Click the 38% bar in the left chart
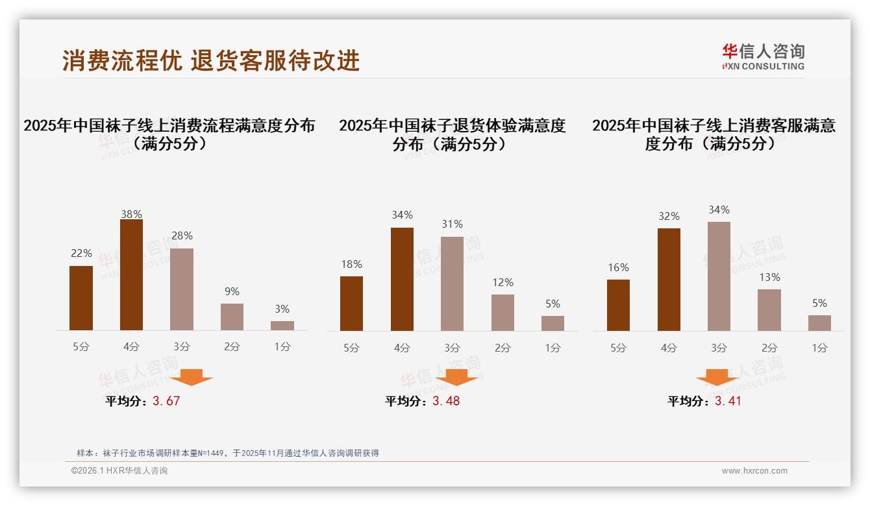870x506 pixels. click(x=131, y=275)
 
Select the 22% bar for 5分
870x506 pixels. click(x=81, y=298)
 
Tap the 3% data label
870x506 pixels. click(x=282, y=309)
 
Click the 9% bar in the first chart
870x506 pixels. click(x=232, y=317)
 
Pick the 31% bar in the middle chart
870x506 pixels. click(x=452, y=283)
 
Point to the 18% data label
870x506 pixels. click(x=351, y=265)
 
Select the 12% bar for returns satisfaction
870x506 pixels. click(x=503, y=313)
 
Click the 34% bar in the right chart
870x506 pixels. click(x=719, y=276)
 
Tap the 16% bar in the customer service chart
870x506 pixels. click(x=618, y=305)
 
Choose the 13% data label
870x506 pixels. click(x=769, y=278)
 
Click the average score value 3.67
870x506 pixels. click(x=166, y=401)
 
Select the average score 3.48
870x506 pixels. click(x=446, y=401)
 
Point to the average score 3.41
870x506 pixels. click(x=728, y=401)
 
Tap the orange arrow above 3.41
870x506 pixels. click(x=717, y=377)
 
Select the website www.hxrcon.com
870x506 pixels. click(x=754, y=471)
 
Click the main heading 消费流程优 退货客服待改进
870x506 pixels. click(x=211, y=61)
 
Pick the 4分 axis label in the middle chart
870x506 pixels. click(x=402, y=348)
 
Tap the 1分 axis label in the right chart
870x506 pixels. click(x=819, y=348)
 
